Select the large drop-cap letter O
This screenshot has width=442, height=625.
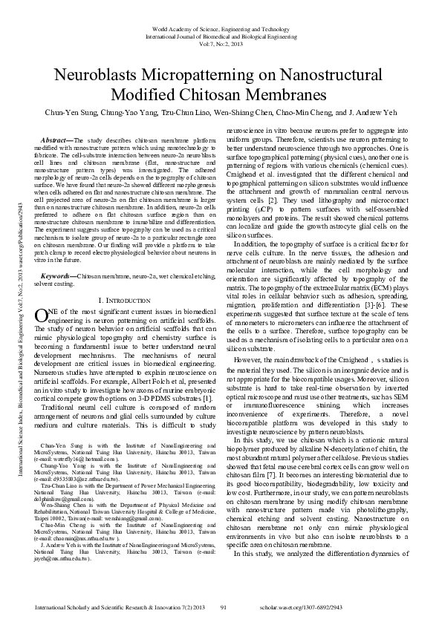click(42, 295)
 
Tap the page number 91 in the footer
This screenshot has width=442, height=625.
click(224, 608)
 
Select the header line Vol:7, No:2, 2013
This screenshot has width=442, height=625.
click(221, 44)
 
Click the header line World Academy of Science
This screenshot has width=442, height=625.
click(221, 29)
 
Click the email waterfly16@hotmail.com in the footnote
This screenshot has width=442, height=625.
click(82, 459)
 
